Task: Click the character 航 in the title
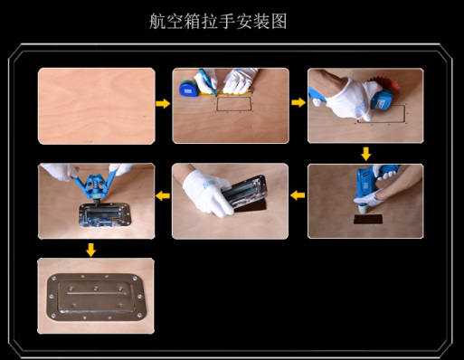pyautogui.click(x=157, y=22)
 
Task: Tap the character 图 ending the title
pyautogui.click(x=279, y=22)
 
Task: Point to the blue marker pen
pyautogui.click(x=208, y=82)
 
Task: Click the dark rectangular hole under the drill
pyautogui.click(x=368, y=219)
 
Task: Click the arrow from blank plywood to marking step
pyautogui.click(x=163, y=103)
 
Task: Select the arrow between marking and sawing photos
pyautogui.click(x=298, y=102)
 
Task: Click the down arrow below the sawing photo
pyautogui.click(x=366, y=154)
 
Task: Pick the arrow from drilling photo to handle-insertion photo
pyautogui.click(x=298, y=195)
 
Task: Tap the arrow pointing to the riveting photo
pyautogui.click(x=163, y=195)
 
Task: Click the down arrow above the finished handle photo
pyautogui.click(x=91, y=250)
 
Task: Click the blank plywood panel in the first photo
pyautogui.click(x=97, y=106)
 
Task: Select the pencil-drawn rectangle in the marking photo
pyautogui.click(x=234, y=104)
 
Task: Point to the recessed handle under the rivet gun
pyautogui.click(x=105, y=214)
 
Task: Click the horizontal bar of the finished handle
pyautogui.click(x=96, y=293)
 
